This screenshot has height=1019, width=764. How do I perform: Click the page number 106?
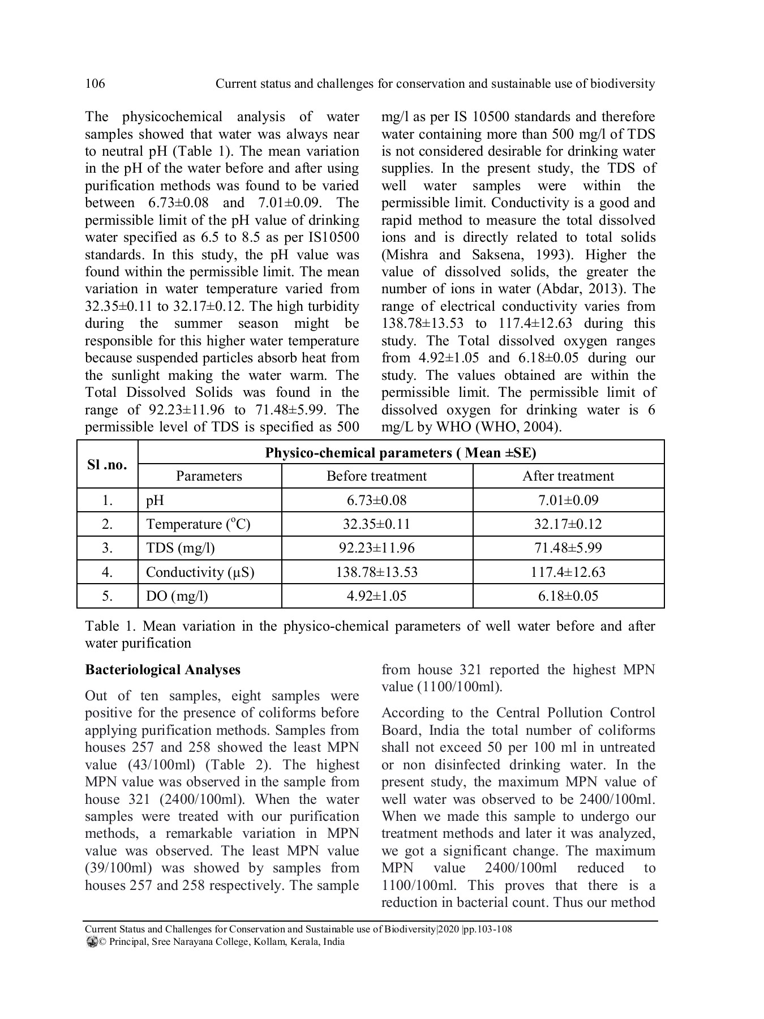[95, 84]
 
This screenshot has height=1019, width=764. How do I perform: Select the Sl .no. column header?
[107, 465]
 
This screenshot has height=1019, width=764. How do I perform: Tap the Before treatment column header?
[376, 476]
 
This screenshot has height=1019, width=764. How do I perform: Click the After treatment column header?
[568, 476]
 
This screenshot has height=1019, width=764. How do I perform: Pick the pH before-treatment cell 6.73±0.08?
[376, 500]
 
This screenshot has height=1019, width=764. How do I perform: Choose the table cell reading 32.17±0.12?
[568, 524]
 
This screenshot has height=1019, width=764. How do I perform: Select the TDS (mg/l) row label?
[180, 548]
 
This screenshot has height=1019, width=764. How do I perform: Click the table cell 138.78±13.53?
[376, 572]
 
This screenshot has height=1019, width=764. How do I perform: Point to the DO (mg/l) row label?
[177, 596]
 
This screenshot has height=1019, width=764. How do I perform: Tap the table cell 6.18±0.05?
[568, 596]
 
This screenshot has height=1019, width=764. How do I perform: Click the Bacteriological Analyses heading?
[162, 670]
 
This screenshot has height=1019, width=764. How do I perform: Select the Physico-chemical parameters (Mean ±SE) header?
[401, 453]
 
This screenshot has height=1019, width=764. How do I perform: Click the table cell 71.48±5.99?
[568, 548]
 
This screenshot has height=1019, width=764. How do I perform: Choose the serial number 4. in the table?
[107, 572]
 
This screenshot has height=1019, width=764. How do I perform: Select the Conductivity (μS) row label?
[200, 572]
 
